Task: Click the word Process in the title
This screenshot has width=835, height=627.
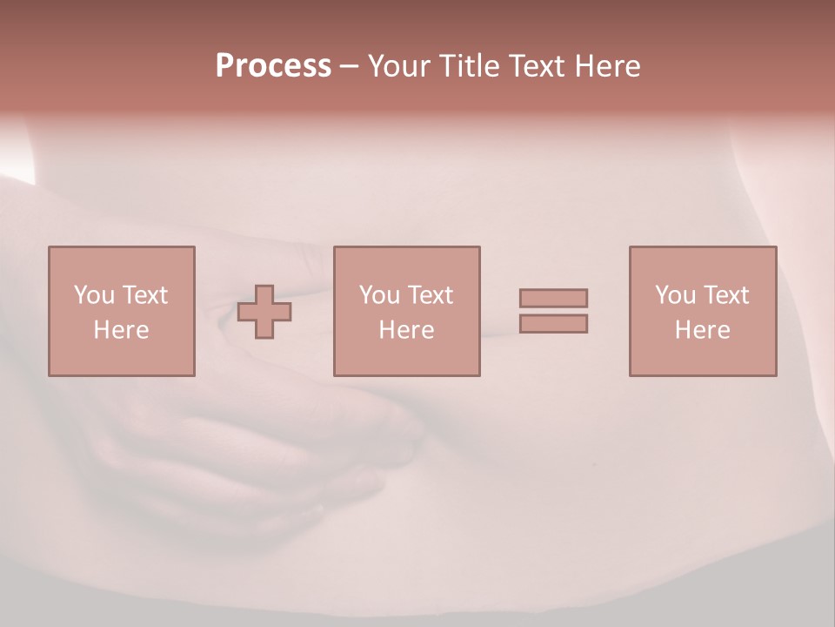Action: point(273,66)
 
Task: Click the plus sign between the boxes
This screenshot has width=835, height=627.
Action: point(264,312)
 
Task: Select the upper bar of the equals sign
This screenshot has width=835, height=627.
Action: point(553,298)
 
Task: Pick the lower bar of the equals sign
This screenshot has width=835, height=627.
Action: point(553,323)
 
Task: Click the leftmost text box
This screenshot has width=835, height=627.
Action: point(121,311)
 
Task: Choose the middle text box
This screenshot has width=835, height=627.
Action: point(406,311)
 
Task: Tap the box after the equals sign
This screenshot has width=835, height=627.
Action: point(703,311)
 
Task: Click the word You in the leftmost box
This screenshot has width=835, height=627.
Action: point(94,295)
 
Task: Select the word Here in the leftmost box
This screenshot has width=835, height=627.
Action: point(121,330)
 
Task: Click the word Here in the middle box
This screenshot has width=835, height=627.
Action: point(406,330)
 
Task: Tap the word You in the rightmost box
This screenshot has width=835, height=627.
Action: point(675,295)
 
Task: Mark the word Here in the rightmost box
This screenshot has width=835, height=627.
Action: point(703,330)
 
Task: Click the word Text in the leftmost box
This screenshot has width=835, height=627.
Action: point(144,295)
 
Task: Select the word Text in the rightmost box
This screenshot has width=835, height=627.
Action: point(726,295)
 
